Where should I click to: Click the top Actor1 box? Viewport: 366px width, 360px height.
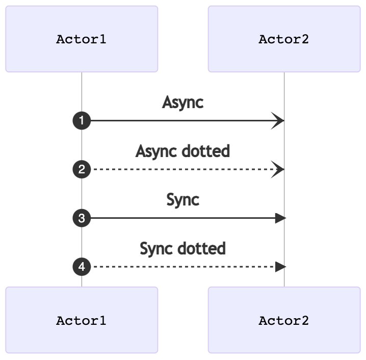82,39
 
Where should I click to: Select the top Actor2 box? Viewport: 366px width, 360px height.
284,39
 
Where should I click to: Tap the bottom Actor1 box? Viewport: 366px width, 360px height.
82,320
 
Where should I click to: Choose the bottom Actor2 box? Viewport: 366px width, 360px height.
284,320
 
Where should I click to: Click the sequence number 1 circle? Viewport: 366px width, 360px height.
82,121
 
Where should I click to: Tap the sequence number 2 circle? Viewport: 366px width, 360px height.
82,169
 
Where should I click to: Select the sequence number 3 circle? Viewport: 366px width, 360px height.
82,218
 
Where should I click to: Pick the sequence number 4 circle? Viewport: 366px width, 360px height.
82,266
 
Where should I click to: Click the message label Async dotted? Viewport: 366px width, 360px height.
182,151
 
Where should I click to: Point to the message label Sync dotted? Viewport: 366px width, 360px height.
182,249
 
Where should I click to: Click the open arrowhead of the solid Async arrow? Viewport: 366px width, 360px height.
279,121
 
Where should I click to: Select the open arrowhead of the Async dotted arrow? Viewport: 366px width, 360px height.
279,169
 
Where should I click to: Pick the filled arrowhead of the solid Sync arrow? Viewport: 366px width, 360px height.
280,218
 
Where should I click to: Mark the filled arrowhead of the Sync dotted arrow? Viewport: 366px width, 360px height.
280,266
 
